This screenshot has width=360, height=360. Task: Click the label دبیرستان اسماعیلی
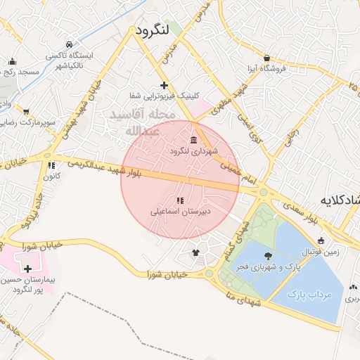180,211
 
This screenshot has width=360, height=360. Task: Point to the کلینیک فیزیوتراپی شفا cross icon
164,85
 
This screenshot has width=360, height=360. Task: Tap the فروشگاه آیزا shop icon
266,58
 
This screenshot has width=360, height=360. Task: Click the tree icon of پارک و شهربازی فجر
267,256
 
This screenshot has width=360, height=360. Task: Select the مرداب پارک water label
310,295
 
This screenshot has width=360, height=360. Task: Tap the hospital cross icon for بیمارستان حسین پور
27,269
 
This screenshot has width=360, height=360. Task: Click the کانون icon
51,166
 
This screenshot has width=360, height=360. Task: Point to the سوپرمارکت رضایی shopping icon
26,111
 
